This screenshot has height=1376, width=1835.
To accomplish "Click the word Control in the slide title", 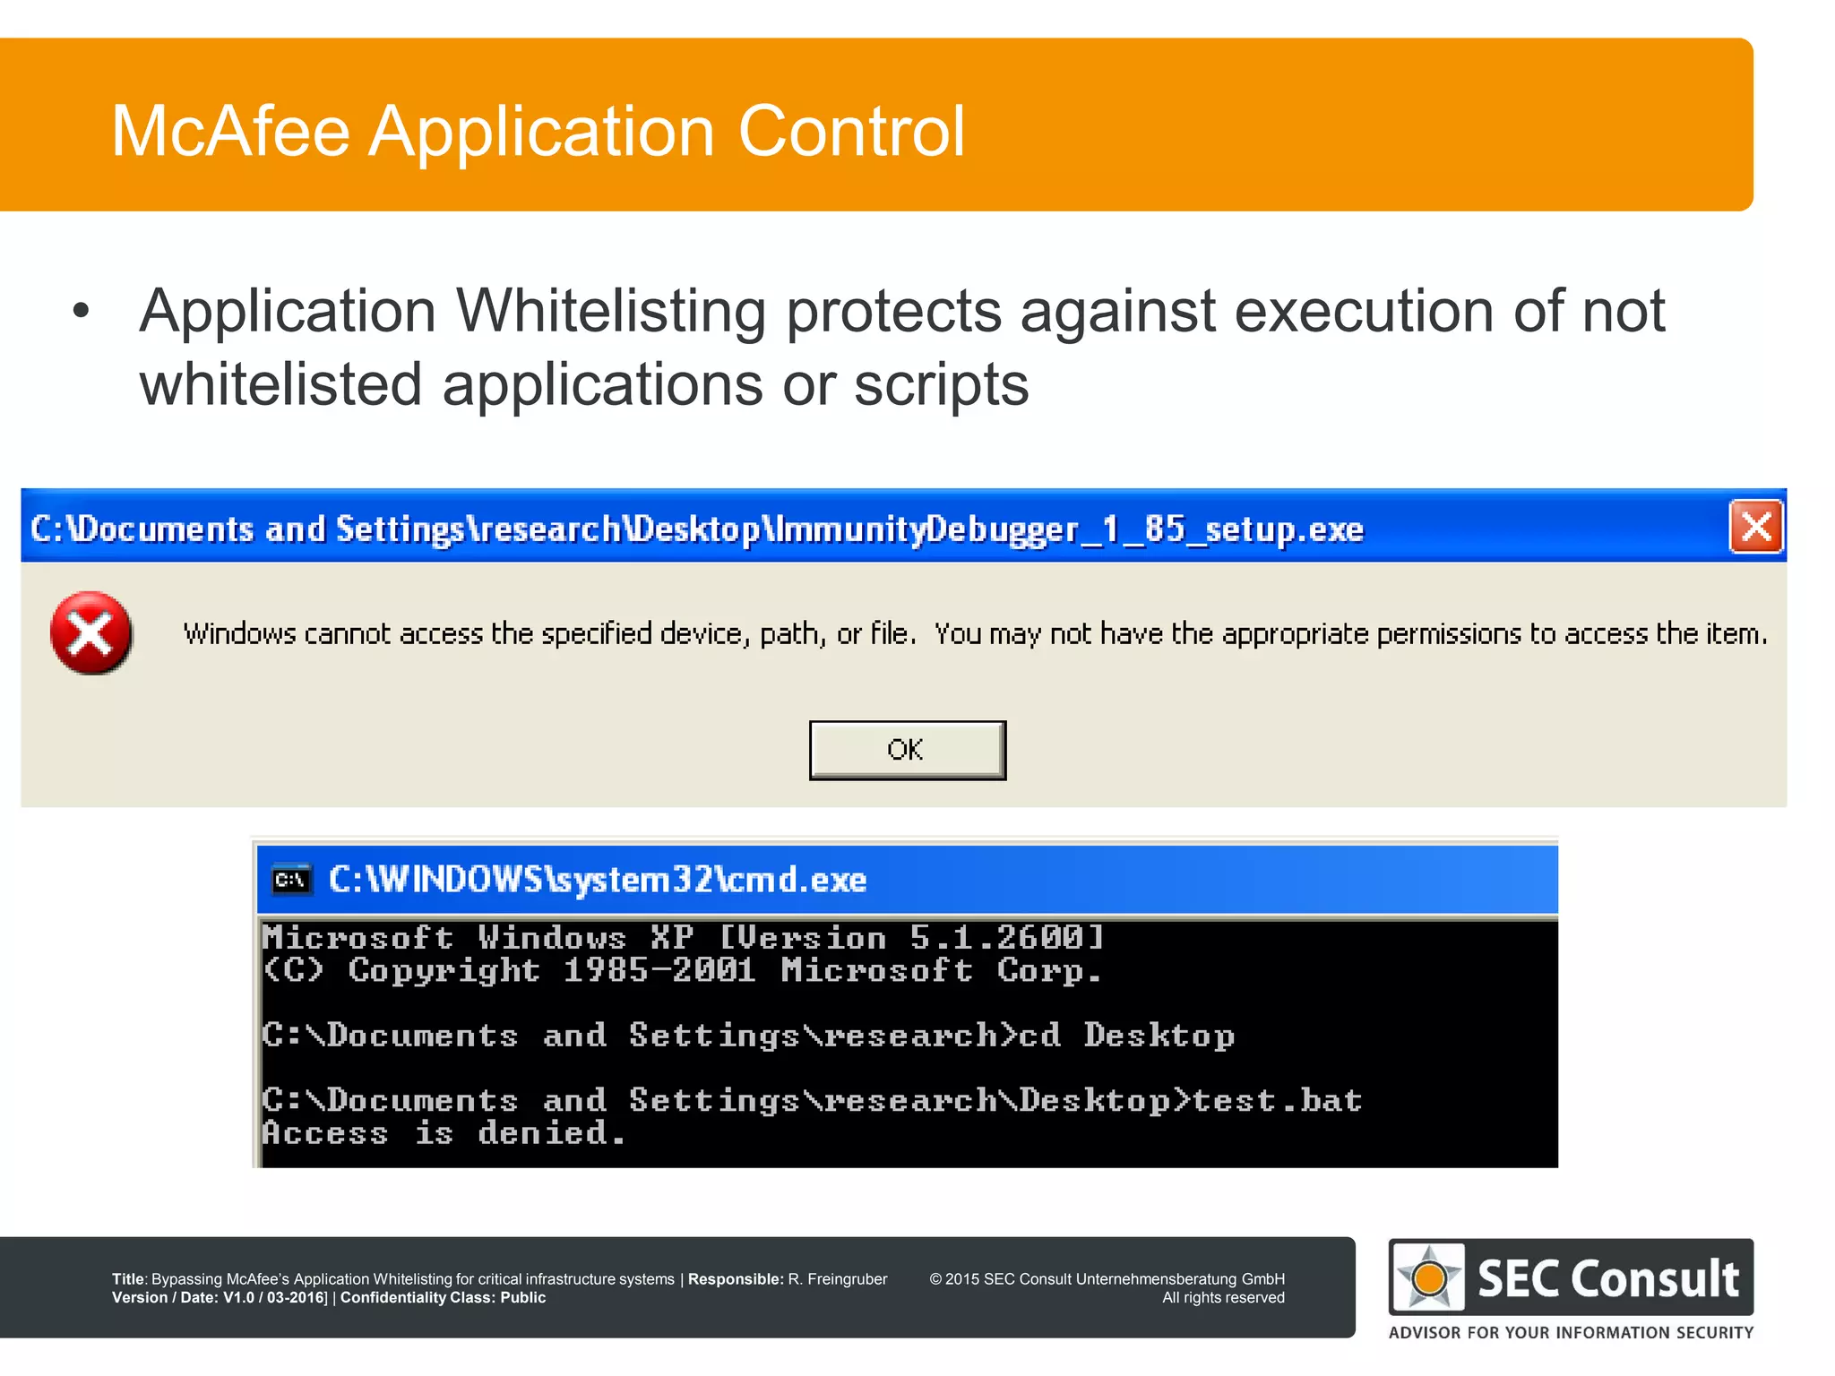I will pyautogui.click(x=851, y=132).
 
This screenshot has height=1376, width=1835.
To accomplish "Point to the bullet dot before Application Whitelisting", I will pyautogui.click(x=82, y=311).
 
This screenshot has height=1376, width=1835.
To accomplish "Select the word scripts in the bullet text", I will pyautogui.click(x=941, y=385).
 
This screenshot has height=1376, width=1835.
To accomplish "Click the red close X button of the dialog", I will pyautogui.click(x=1755, y=527).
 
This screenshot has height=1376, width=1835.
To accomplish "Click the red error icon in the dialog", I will pyautogui.click(x=90, y=633).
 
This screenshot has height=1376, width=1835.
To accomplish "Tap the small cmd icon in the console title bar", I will pyautogui.click(x=291, y=880).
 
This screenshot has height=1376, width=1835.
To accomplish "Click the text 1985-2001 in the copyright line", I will pyautogui.click(x=659, y=971).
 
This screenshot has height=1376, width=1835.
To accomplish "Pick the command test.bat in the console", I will pyautogui.click(x=1277, y=1100).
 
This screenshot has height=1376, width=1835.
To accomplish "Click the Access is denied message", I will pyautogui.click(x=443, y=1133).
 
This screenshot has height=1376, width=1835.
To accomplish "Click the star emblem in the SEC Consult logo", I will pyautogui.click(x=1429, y=1277).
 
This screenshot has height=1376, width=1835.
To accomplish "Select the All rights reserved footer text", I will pyautogui.click(x=1223, y=1298).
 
